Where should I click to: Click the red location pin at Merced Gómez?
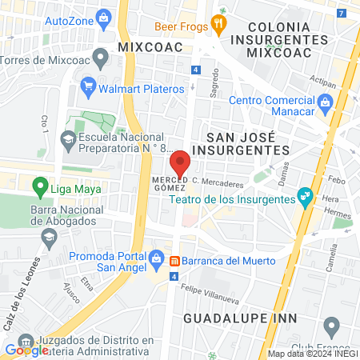180,162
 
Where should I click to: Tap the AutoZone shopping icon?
102,17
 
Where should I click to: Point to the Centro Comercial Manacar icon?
325,102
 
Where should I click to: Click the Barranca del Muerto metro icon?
176,260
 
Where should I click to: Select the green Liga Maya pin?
39,188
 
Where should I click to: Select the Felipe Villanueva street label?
210,290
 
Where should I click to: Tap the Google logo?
26,350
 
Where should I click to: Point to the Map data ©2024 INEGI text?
312,354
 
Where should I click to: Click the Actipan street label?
322,81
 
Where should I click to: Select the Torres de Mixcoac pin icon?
100,58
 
